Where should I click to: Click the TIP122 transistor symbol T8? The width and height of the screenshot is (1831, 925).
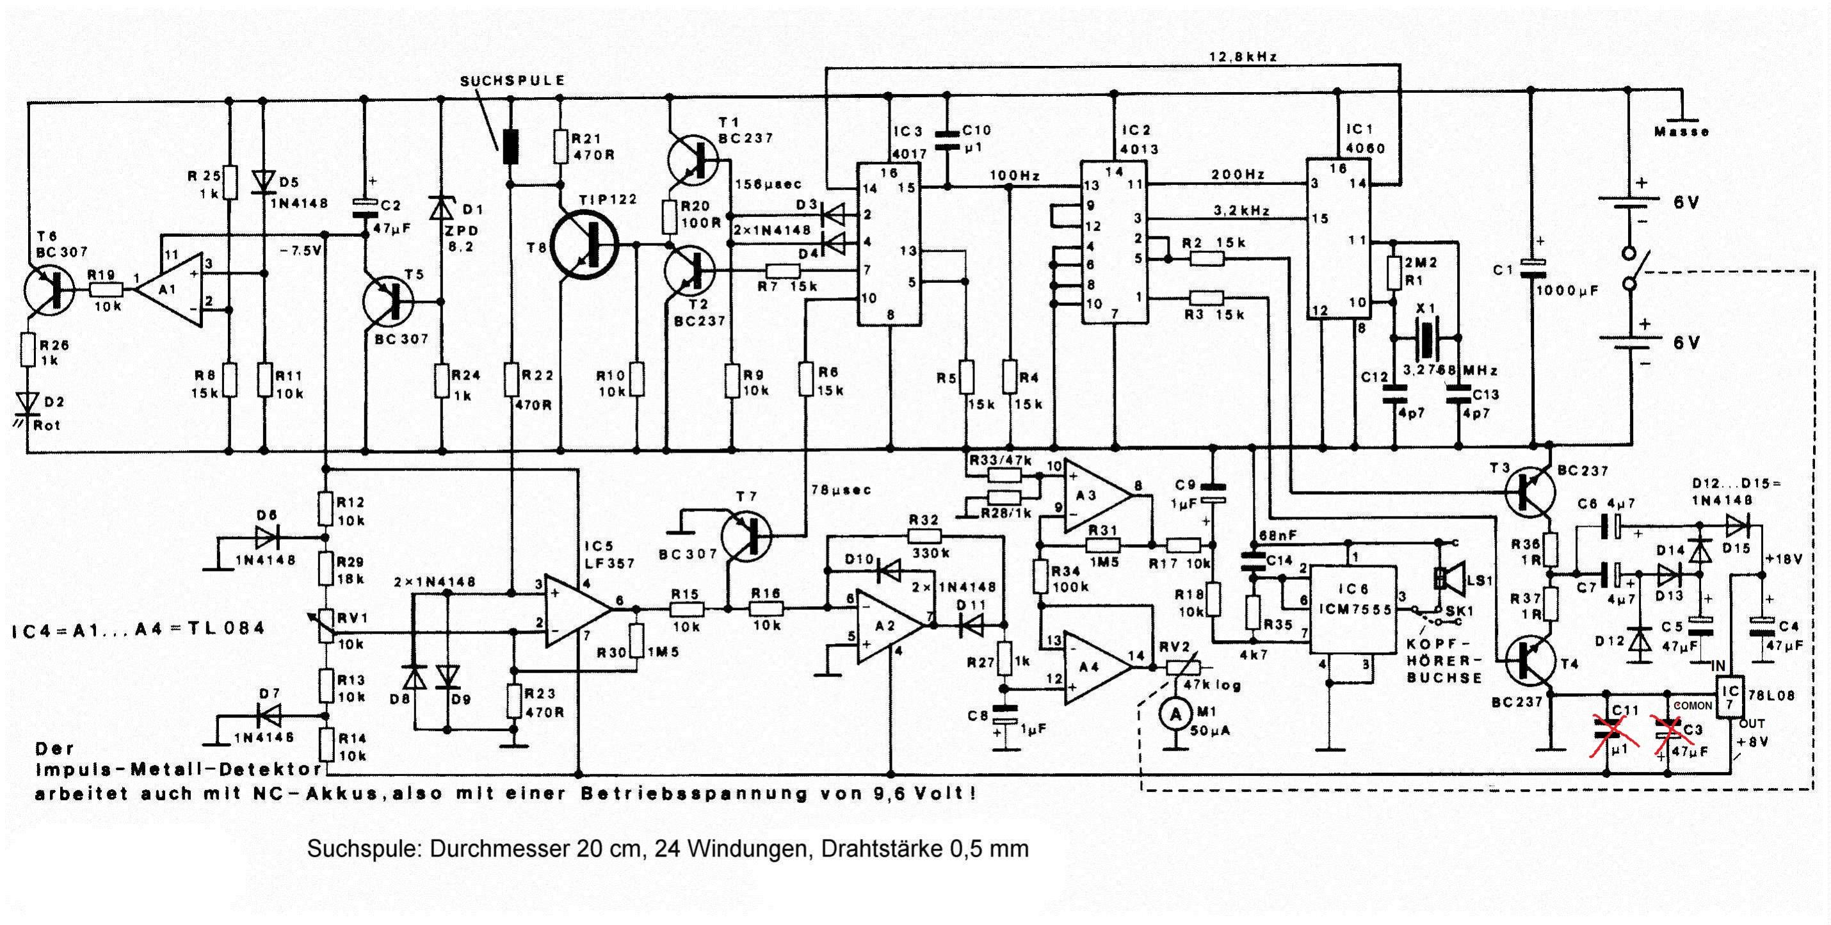click(x=587, y=246)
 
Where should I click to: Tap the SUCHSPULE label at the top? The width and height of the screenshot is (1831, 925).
click(x=512, y=81)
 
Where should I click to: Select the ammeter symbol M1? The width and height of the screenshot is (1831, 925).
click(x=1176, y=714)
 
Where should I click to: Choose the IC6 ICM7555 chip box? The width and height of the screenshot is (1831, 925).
click(x=1353, y=609)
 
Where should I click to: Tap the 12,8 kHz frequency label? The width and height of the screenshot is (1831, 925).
click(x=1243, y=56)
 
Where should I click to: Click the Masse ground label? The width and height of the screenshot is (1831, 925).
click(x=1682, y=132)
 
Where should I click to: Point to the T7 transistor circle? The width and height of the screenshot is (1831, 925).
click(x=746, y=535)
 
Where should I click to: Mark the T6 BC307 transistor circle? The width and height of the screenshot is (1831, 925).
click(x=48, y=289)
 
